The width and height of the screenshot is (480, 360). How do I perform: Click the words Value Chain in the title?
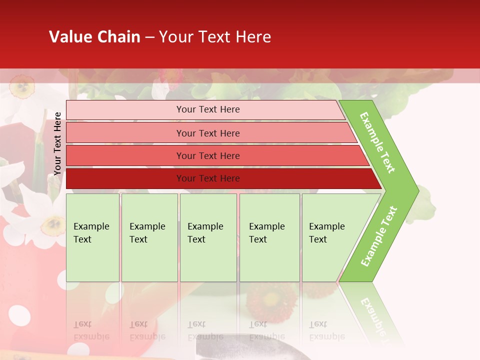tap(94, 37)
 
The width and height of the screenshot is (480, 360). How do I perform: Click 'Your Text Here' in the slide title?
tap(215, 37)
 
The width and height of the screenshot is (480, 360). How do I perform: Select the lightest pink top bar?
tap(207, 109)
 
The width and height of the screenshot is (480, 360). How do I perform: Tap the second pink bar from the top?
tap(207, 133)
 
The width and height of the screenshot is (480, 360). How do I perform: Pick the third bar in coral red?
tap(207, 155)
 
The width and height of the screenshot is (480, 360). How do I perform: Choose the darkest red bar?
tap(207, 178)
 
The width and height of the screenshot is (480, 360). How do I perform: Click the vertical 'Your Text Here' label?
tap(57, 143)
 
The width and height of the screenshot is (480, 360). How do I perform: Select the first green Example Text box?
tap(92, 237)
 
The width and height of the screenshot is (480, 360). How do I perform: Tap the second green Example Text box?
tap(149, 237)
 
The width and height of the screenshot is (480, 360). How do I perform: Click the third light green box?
tap(207, 237)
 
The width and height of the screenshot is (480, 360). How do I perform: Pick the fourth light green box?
tap(269, 237)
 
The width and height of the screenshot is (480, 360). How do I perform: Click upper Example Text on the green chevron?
tap(378, 142)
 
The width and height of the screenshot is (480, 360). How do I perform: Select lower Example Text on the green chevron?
tap(379, 236)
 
